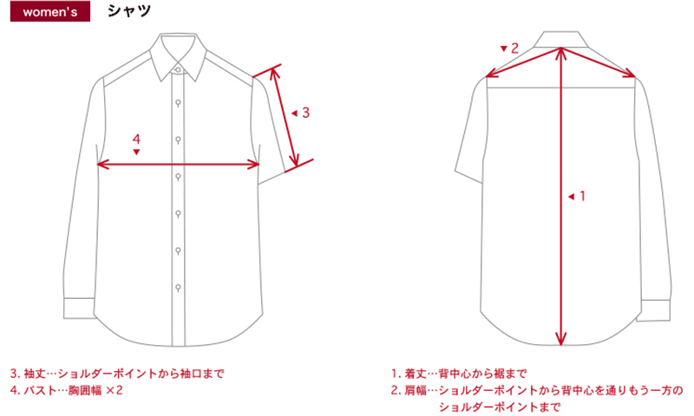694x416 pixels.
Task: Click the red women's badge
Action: (50, 11)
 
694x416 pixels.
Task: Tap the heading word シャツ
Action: (128, 11)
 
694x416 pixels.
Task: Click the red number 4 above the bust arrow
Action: (136, 140)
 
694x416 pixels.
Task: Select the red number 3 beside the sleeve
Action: (305, 113)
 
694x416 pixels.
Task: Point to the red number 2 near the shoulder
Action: (514, 49)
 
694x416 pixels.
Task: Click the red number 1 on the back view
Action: (582, 195)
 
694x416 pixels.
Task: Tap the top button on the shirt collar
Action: (178, 70)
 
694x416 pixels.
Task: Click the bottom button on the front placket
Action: (178, 288)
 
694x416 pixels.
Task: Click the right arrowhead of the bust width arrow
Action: (253, 165)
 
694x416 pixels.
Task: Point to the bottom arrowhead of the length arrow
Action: (560, 339)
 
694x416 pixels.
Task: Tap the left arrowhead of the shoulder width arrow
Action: (492, 74)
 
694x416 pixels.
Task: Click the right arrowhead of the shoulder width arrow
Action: (630, 74)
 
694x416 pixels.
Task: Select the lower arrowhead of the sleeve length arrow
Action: (295, 160)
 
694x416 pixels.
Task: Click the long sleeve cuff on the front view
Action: (79, 309)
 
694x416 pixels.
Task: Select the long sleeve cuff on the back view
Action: (655, 310)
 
